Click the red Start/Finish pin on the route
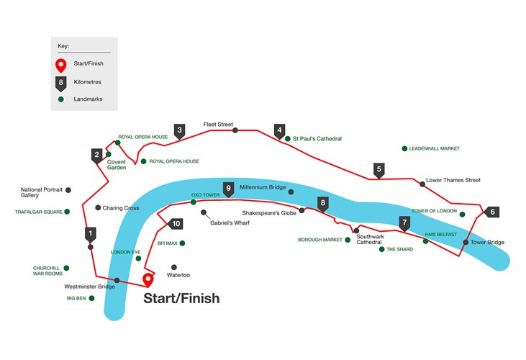(x=148, y=280)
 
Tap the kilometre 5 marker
(x=378, y=171)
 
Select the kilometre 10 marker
(x=175, y=224)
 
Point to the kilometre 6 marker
(x=491, y=212)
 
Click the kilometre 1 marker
(x=90, y=235)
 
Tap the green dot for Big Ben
(x=91, y=298)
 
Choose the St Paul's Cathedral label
(x=317, y=138)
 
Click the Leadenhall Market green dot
(x=404, y=148)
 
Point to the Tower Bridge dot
(x=466, y=242)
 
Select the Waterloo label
(x=178, y=275)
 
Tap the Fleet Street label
(x=218, y=124)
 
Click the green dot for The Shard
(x=382, y=249)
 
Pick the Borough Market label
(x=320, y=240)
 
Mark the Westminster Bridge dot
(x=117, y=280)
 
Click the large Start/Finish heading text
(x=181, y=298)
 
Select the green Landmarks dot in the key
(x=60, y=99)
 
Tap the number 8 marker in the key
(x=60, y=84)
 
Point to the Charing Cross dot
(x=98, y=207)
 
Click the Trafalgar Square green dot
(x=67, y=212)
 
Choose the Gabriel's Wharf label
(x=230, y=222)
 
